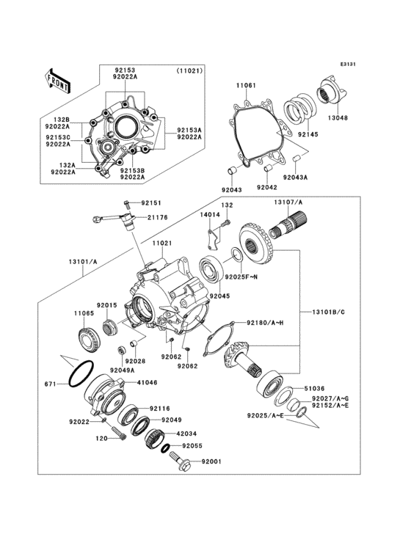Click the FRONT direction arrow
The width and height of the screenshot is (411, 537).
click(58, 80)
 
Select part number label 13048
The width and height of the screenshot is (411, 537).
click(338, 117)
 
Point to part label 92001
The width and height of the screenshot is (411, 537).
click(211, 461)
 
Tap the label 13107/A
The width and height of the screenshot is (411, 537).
click(288, 202)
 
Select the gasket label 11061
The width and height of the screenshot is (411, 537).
click(246, 86)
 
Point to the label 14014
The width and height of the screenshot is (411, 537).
click(211, 214)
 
